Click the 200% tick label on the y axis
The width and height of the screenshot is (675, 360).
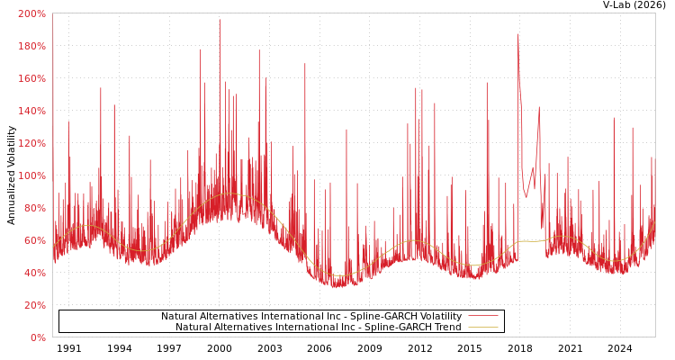pos(31,14)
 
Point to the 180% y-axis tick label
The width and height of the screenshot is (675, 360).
pos(31,47)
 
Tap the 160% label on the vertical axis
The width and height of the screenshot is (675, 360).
pos(31,79)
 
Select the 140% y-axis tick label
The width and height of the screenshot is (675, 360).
pos(31,112)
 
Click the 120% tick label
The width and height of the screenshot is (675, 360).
pos(31,144)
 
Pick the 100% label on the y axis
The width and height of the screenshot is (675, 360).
pos(31,176)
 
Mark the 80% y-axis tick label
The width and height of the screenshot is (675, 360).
pos(34,209)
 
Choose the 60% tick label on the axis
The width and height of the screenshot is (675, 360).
pos(34,241)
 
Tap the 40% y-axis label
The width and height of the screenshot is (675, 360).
pos(34,274)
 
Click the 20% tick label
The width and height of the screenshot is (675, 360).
pos(34,306)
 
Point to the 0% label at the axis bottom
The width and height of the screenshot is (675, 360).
pos(37,338)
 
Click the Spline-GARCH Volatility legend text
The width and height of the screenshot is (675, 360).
pos(311,317)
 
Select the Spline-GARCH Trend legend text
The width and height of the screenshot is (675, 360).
pos(319,328)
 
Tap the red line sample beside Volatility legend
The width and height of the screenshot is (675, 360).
pos(482,317)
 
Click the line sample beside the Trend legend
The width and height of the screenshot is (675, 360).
pos(482,328)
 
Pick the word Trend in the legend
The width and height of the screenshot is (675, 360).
pos(446,328)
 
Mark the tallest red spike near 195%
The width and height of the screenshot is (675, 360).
pos(220,22)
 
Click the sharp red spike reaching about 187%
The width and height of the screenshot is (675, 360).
pos(517,36)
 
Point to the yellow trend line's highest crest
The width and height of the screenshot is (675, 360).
pos(227,193)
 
